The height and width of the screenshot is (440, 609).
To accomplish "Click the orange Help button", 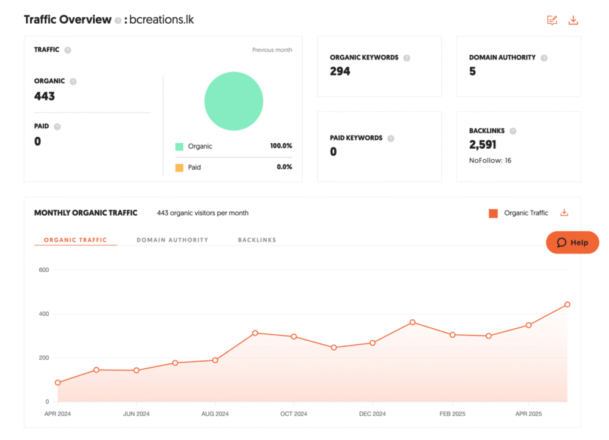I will click(x=572, y=243).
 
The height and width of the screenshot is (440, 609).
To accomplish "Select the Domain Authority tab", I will click(x=172, y=240).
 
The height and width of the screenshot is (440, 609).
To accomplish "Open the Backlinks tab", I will click(x=257, y=240).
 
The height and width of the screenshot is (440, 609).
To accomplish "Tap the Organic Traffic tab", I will click(x=76, y=240).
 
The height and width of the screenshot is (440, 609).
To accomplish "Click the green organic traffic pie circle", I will click(x=234, y=101).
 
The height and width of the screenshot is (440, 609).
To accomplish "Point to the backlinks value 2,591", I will click(x=483, y=144).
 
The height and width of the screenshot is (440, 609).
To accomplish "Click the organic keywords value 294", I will click(x=340, y=71).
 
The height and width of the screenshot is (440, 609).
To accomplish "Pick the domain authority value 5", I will click(x=473, y=71).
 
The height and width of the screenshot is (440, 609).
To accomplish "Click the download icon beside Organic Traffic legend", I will click(x=564, y=213).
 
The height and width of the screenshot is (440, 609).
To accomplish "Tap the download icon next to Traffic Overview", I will click(x=573, y=20).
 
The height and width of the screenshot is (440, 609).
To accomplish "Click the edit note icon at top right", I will click(x=553, y=20).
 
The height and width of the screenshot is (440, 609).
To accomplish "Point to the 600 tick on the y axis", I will click(x=43, y=270).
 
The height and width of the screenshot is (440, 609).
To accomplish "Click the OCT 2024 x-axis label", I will click(x=294, y=414).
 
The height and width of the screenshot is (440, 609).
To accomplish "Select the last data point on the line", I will click(x=567, y=304).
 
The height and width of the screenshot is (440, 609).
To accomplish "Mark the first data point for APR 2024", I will click(x=58, y=383).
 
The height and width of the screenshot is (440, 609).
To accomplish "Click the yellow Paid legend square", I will click(x=180, y=168).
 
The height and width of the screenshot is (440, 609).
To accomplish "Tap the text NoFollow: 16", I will click(x=490, y=161).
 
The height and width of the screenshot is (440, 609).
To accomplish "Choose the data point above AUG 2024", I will click(x=215, y=360).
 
